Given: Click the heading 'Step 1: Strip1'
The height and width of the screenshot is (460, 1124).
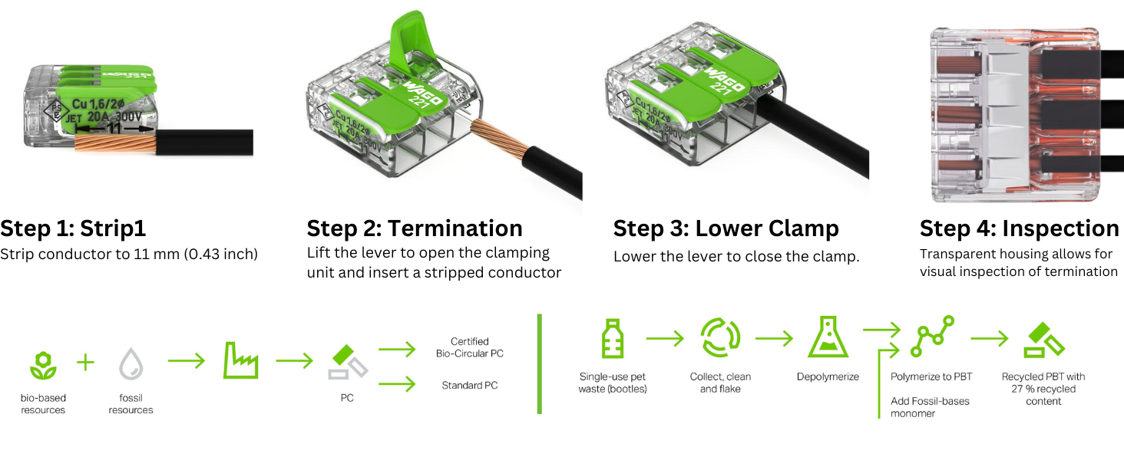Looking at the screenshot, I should click(x=73, y=228).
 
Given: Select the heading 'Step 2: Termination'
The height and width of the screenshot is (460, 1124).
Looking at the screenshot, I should click(x=415, y=228).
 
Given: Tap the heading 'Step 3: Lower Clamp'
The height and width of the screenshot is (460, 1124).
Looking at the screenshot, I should click(x=726, y=228).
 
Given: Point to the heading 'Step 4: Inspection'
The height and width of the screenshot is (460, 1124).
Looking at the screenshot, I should click(x=1019, y=228).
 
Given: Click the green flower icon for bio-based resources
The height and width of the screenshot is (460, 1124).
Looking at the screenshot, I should click(x=43, y=364).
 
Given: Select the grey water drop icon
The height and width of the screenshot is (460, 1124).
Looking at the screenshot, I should click(x=131, y=363).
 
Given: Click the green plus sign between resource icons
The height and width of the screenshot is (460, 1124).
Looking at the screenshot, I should click(x=86, y=363).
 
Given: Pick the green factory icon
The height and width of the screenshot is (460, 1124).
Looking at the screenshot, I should click(x=240, y=360).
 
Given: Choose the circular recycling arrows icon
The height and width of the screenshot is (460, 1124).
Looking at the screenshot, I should click(x=720, y=338).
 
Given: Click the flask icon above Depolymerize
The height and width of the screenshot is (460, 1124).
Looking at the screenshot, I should click(x=828, y=338).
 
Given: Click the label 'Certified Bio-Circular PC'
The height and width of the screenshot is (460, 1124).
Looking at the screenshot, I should click(x=470, y=347).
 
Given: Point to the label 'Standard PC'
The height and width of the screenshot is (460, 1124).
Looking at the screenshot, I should click(x=470, y=385).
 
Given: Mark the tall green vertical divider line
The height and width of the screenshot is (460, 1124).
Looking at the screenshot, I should click(x=540, y=363).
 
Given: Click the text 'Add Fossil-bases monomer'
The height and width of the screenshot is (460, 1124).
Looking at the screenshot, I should click(x=930, y=407).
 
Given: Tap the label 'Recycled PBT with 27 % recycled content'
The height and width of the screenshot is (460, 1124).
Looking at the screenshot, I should click(x=1043, y=389).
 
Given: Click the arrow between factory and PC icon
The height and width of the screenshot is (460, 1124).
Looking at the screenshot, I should click(x=294, y=360).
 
